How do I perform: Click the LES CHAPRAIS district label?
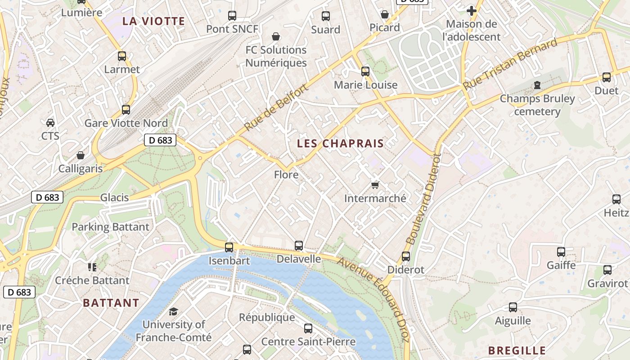[x=340, y=144]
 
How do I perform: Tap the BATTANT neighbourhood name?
[x=111, y=303]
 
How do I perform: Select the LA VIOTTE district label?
[x=153, y=21]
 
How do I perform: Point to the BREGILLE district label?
[x=517, y=351]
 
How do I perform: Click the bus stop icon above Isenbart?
[x=229, y=247]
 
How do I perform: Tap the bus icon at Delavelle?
[x=299, y=246]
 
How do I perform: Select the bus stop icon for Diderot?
[x=406, y=256]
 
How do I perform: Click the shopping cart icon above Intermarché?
[x=375, y=185]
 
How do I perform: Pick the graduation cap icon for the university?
[x=173, y=311]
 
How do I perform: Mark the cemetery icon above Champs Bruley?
[x=537, y=85]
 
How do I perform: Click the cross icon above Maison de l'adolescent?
[x=471, y=10]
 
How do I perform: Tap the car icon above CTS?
[x=50, y=122]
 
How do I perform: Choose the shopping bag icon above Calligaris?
[x=81, y=156]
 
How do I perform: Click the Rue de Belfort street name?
[x=276, y=108]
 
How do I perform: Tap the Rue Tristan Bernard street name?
[x=510, y=64]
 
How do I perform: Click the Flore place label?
[x=286, y=174]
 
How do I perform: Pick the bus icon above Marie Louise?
[x=365, y=72]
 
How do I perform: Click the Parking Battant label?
[x=110, y=227]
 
